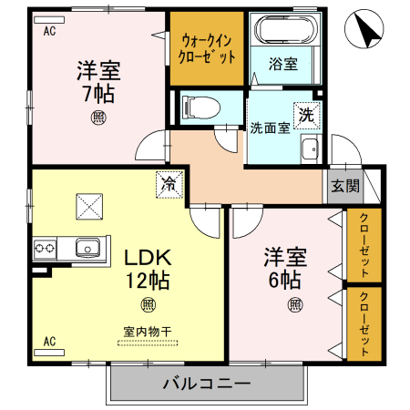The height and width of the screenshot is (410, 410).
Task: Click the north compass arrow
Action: [x=368, y=32]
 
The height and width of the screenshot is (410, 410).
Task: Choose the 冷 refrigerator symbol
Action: [x=169, y=183]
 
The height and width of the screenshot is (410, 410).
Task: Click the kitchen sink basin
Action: [x=88, y=246]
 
